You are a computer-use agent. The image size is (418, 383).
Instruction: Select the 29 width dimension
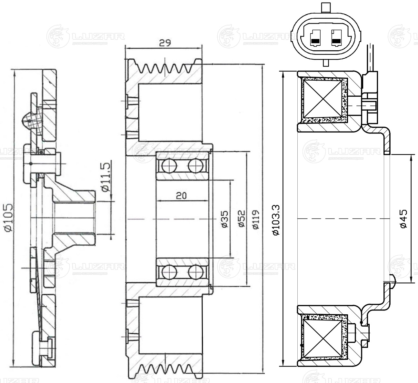[164, 43]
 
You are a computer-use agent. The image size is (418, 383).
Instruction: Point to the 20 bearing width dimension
[182, 195]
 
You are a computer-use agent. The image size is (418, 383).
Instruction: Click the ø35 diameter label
[225, 219]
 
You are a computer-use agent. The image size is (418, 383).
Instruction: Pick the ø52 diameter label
[242, 219]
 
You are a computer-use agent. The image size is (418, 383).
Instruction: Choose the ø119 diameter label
[256, 219]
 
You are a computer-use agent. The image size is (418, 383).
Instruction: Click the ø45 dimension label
[403, 219]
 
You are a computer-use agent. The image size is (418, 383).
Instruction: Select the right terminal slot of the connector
[337, 38]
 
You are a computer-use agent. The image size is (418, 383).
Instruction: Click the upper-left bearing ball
[169, 166]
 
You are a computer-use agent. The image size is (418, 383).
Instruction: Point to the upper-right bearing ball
[195, 166]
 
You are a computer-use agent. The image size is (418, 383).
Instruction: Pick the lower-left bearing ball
[169, 271]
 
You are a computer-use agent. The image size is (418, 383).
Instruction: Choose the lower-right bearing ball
[195, 271]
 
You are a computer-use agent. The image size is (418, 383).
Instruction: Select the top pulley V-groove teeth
[164, 68]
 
